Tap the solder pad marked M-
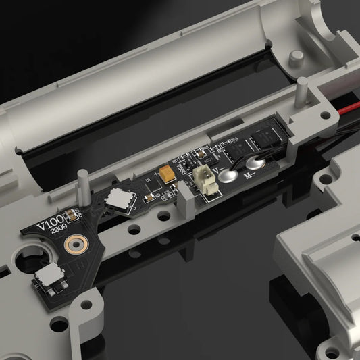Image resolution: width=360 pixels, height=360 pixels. click(255, 164)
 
